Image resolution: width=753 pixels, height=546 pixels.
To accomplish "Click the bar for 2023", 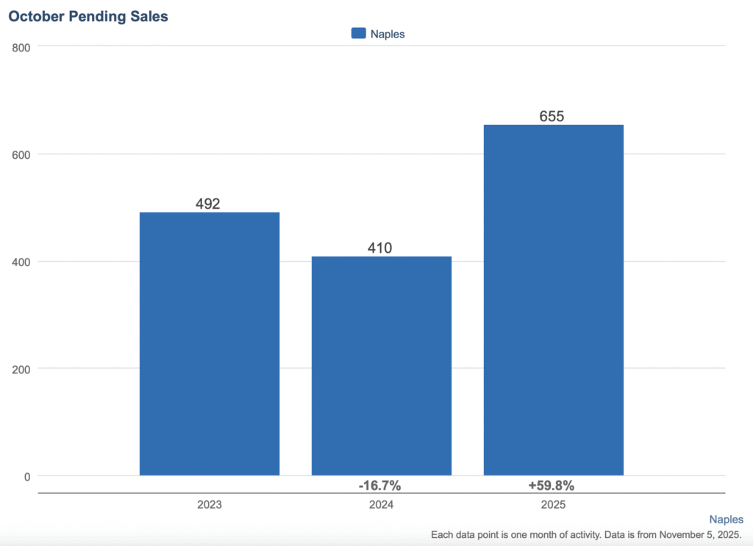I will [x=210, y=344].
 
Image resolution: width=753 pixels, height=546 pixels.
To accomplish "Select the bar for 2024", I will [x=381, y=366].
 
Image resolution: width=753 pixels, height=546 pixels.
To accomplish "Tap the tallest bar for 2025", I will [x=553, y=300].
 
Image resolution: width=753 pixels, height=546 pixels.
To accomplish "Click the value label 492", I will [x=208, y=204].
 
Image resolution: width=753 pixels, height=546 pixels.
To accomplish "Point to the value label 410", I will [x=379, y=248].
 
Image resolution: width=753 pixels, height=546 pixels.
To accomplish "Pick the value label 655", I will [x=552, y=116].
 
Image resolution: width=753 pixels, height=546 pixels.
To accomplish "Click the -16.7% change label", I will [x=379, y=486].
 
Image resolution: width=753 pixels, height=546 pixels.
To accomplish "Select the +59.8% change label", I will [x=551, y=486].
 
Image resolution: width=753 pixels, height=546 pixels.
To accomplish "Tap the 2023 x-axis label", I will [x=210, y=506].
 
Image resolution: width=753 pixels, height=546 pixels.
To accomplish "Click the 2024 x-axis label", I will [x=381, y=506].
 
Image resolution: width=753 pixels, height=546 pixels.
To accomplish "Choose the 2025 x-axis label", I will [x=553, y=506].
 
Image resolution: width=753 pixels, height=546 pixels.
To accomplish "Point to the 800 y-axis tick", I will [x=21, y=48].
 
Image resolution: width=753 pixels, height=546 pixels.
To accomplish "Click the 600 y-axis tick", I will [x=21, y=154].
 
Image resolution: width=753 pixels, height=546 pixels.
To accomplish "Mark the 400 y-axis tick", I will [x=21, y=262].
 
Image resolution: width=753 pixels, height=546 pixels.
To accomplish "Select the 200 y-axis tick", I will [x=21, y=369].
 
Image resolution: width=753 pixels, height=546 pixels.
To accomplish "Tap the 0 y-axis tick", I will [x=28, y=476].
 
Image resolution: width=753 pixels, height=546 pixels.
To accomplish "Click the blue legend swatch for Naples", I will [x=359, y=33].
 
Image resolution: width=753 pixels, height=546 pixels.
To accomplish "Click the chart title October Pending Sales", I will [x=88, y=16].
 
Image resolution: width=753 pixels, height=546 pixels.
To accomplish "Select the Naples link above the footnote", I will [x=726, y=520].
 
